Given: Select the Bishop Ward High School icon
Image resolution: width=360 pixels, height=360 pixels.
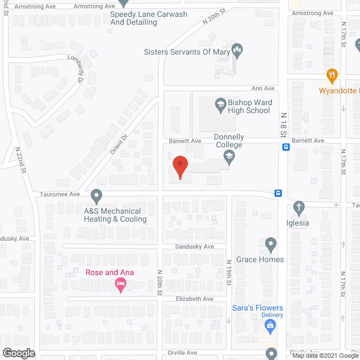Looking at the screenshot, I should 220,103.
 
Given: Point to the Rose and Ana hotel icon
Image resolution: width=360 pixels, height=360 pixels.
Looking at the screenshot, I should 120,286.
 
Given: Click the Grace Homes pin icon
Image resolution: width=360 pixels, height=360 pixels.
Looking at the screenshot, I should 271,244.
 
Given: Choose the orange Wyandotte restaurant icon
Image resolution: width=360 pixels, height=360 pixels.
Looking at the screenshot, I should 332,75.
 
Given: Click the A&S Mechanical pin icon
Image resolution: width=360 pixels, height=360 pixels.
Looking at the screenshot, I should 97,197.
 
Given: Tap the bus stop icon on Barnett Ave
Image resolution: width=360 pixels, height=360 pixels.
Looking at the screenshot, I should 286,148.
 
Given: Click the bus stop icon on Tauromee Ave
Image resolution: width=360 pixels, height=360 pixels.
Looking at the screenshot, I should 278,193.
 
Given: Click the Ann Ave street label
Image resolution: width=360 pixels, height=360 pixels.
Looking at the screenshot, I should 263,88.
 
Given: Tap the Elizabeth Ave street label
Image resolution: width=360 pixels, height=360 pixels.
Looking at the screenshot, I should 195,299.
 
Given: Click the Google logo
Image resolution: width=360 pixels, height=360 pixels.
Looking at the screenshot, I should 17,353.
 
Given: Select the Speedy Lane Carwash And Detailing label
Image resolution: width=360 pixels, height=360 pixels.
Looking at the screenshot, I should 133,18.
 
